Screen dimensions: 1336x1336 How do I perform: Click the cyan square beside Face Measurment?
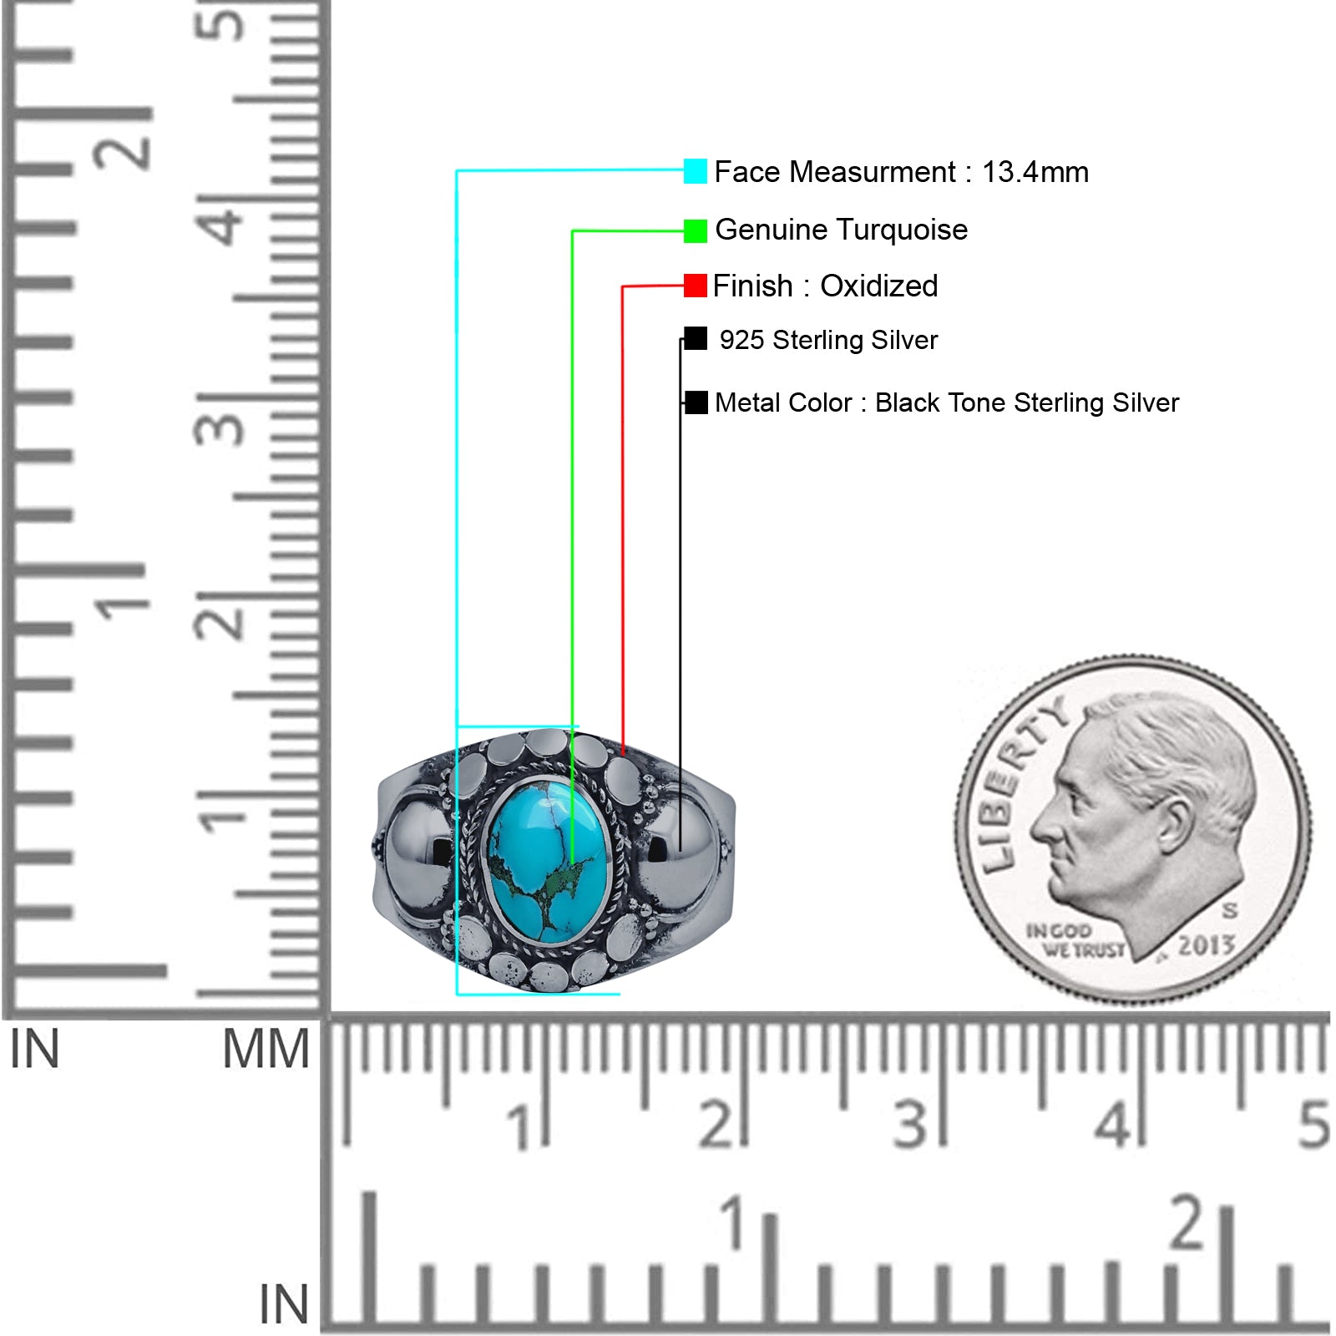click(695, 171)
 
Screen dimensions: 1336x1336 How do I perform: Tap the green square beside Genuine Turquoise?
click(695, 230)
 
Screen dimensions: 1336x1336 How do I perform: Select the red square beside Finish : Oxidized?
click(695, 286)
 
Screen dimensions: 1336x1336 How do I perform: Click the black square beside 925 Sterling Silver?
click(696, 338)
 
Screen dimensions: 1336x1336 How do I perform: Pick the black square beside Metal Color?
click(696, 402)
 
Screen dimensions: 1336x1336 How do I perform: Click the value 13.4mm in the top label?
click(1035, 172)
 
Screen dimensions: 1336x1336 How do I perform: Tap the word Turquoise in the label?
click(903, 230)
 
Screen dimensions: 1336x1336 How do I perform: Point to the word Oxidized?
click(878, 286)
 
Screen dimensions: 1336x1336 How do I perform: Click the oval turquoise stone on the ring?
click(549, 859)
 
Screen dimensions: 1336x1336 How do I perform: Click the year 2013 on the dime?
click(1207, 944)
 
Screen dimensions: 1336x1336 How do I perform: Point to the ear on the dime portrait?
click(1172, 827)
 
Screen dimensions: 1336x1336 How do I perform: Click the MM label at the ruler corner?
click(266, 1050)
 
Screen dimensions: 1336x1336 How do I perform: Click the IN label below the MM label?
click(283, 1304)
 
